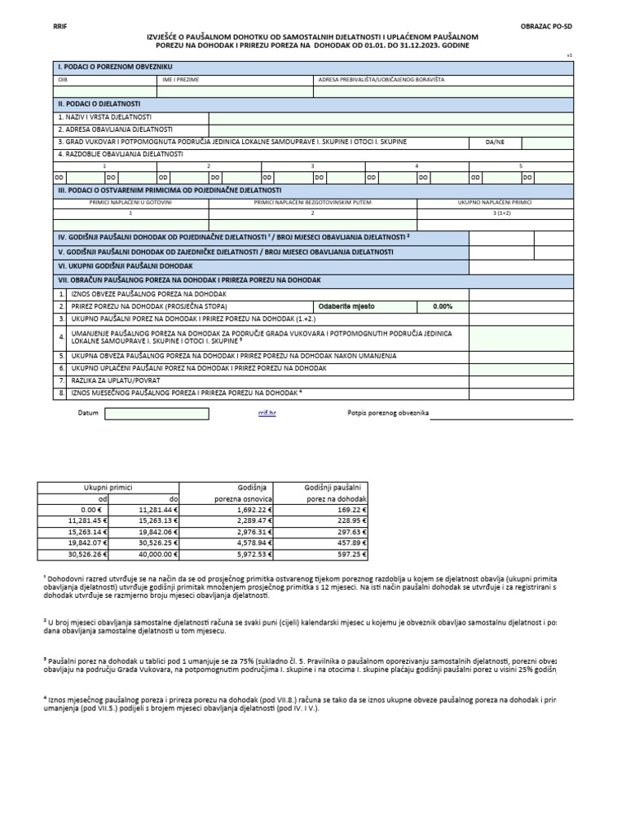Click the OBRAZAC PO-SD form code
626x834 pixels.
pos(546,27)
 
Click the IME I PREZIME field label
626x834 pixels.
pos(180,80)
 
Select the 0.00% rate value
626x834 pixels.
pos(442,306)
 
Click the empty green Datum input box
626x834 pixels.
pos(156,413)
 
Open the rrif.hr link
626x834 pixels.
pos(267,413)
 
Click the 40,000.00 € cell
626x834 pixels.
pos(154,554)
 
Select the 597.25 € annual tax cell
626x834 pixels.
pos(349,554)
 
